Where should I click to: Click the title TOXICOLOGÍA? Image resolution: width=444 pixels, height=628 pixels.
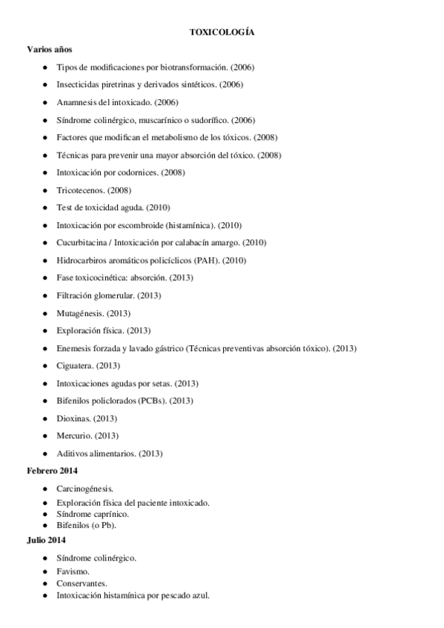click(x=222, y=33)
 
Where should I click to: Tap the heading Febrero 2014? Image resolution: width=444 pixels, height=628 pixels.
click(x=52, y=471)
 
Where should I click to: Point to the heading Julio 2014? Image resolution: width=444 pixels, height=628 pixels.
click(x=46, y=541)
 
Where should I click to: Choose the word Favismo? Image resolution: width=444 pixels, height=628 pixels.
click(x=73, y=572)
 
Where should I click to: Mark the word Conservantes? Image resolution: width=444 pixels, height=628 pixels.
click(x=81, y=583)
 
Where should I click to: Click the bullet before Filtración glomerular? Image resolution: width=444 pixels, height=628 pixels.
click(x=46, y=296)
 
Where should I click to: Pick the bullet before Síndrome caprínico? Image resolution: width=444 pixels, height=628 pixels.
click(x=46, y=513)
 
